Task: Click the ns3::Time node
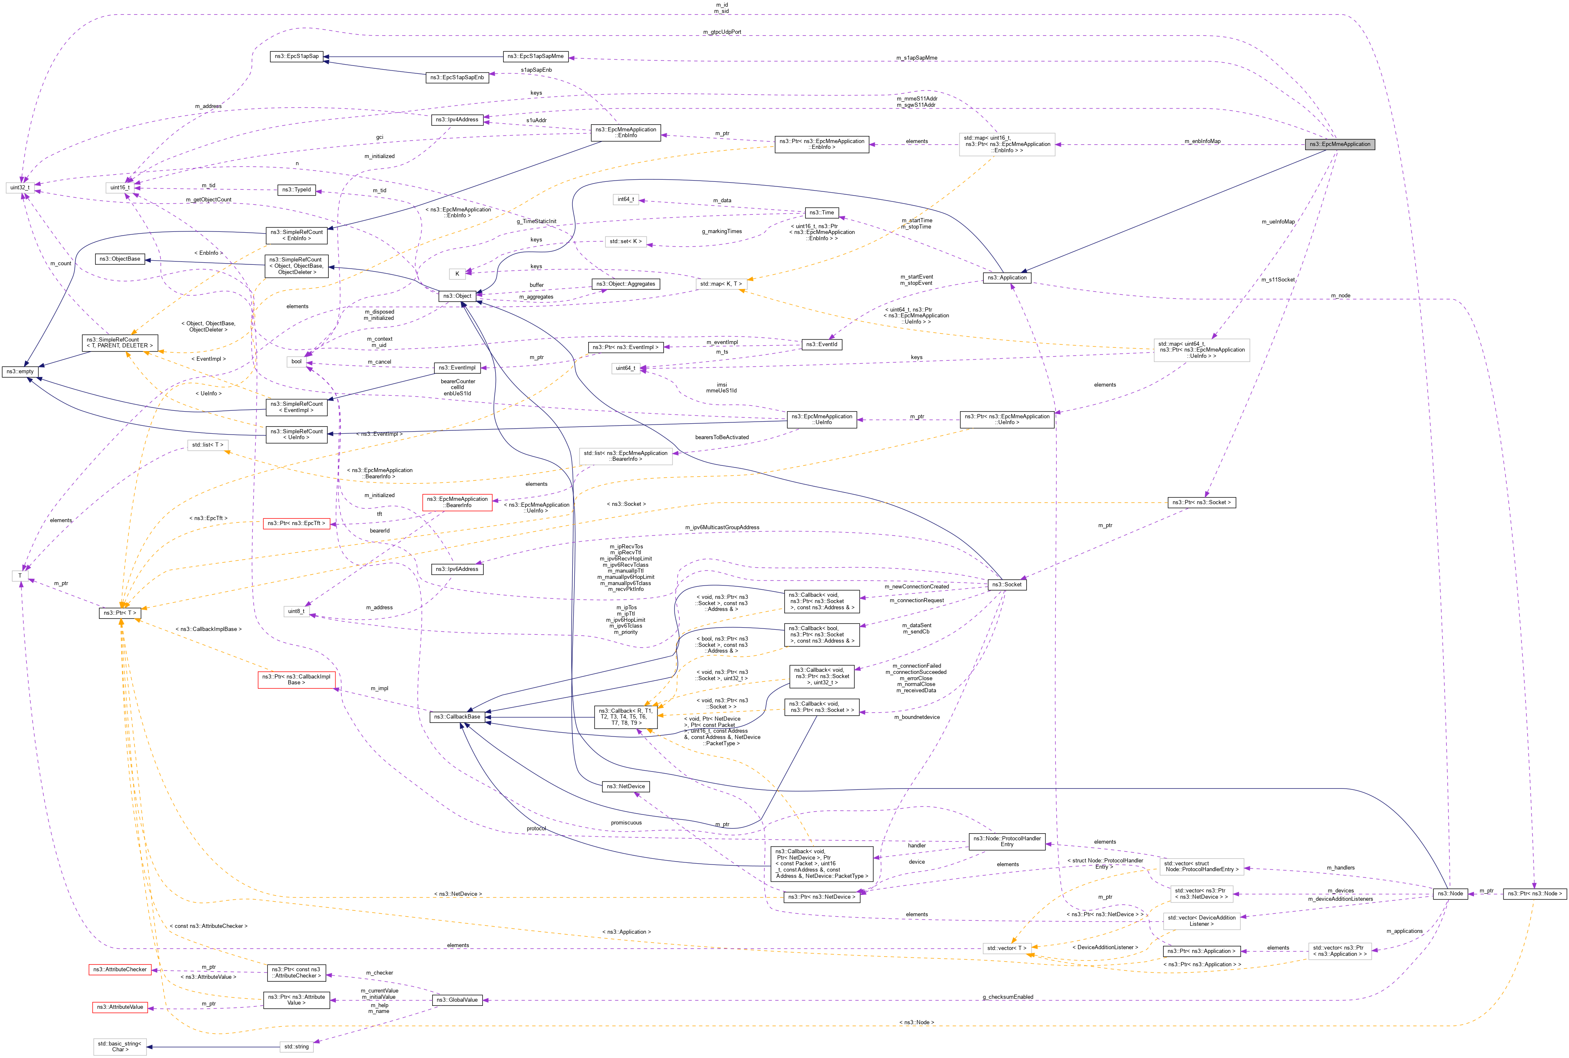coord(821,213)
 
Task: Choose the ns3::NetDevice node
coord(625,787)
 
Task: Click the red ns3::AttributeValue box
coord(119,1008)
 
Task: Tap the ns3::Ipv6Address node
coord(457,570)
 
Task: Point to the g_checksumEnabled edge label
coord(1007,997)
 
